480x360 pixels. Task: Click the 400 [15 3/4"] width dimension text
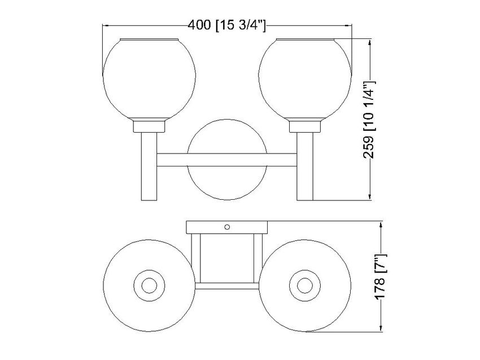(x=226, y=25)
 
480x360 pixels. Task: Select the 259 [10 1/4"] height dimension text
(x=369, y=120)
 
